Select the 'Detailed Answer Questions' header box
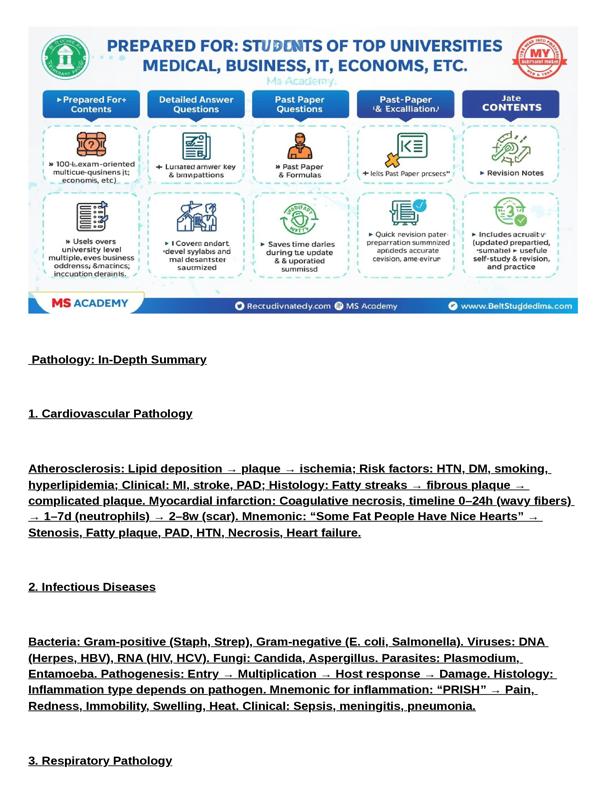195,104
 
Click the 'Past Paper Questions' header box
299,104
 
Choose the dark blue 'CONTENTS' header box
510,104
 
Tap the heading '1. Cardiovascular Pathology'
110,414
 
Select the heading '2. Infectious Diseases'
92,587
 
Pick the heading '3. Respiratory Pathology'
100,761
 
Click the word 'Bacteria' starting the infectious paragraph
53,642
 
